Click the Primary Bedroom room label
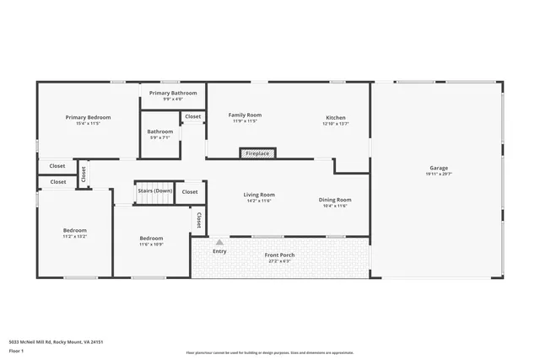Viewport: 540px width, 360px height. (88, 117)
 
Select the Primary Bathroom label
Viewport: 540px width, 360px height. (173, 93)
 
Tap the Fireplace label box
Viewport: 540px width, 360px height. (257, 153)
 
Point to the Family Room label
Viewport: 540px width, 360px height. (245, 115)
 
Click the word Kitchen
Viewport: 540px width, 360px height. (335, 117)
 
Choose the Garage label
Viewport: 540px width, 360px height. (439, 168)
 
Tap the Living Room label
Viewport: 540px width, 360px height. (259, 195)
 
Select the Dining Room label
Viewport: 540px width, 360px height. (335, 200)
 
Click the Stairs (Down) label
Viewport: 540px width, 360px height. (154, 191)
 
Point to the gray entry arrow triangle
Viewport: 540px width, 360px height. (219, 242)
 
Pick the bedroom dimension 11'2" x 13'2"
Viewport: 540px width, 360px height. (75, 237)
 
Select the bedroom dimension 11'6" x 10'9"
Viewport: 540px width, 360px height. (151, 245)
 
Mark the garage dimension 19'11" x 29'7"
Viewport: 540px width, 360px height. (439, 175)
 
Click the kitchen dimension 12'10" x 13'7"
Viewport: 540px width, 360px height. (335, 124)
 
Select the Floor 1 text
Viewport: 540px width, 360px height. (15, 350)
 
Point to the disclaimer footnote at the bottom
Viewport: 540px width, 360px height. (269, 352)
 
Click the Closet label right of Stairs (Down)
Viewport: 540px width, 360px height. (190, 191)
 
